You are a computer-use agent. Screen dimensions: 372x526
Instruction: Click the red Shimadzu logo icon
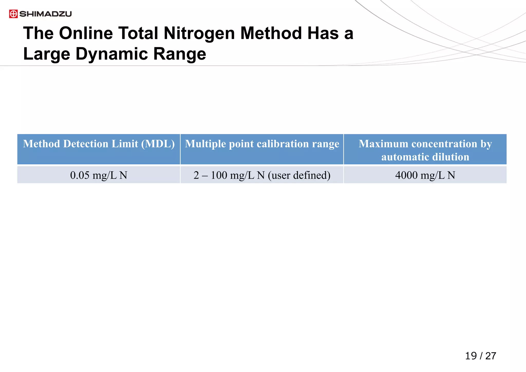(x=13, y=14)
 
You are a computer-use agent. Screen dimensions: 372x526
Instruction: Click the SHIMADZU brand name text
(x=45, y=14)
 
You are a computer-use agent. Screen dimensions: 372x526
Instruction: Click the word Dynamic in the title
(x=112, y=54)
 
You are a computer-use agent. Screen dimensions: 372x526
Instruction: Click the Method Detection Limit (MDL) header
(x=99, y=144)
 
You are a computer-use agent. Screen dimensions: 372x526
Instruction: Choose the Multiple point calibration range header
(x=262, y=144)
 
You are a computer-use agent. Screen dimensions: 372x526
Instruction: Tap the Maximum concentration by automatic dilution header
(x=425, y=150)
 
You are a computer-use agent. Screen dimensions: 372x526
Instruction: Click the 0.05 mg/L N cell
(x=99, y=175)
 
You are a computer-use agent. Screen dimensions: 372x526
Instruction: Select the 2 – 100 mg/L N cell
(x=262, y=175)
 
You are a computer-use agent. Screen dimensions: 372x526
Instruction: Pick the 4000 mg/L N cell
(x=425, y=175)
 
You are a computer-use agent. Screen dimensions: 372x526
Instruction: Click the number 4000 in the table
(x=406, y=175)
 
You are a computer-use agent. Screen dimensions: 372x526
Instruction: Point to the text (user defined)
(x=299, y=175)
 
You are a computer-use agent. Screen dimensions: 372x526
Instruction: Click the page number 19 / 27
(x=481, y=356)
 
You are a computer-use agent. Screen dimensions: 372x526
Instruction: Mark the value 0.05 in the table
(x=80, y=175)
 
